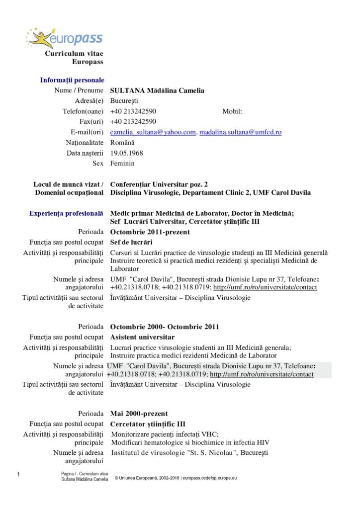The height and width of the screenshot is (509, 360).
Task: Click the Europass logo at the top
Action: (x=65, y=38)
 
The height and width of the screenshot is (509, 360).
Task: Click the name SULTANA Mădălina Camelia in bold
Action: (x=157, y=90)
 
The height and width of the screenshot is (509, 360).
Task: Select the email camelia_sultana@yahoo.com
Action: (x=153, y=132)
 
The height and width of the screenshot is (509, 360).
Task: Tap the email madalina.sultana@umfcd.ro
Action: (x=241, y=132)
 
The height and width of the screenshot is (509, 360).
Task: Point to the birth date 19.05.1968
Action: (x=126, y=153)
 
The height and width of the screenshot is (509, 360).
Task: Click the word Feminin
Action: (x=122, y=163)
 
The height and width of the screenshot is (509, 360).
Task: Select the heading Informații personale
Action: (x=72, y=80)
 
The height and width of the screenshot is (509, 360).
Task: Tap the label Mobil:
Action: (x=232, y=111)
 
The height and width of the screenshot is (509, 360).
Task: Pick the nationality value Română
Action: (x=122, y=143)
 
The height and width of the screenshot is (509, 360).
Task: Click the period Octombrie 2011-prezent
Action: (x=150, y=232)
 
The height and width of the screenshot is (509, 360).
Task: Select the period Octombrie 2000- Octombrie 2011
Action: (x=165, y=327)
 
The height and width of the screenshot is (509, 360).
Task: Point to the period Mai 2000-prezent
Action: (x=139, y=414)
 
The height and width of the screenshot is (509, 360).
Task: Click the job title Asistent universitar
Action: (x=142, y=337)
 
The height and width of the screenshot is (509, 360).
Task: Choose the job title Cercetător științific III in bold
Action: (x=147, y=424)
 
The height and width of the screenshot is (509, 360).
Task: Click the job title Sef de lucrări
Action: (x=131, y=242)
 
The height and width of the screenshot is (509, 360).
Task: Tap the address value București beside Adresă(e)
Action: (x=124, y=101)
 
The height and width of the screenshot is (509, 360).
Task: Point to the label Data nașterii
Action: (x=85, y=153)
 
